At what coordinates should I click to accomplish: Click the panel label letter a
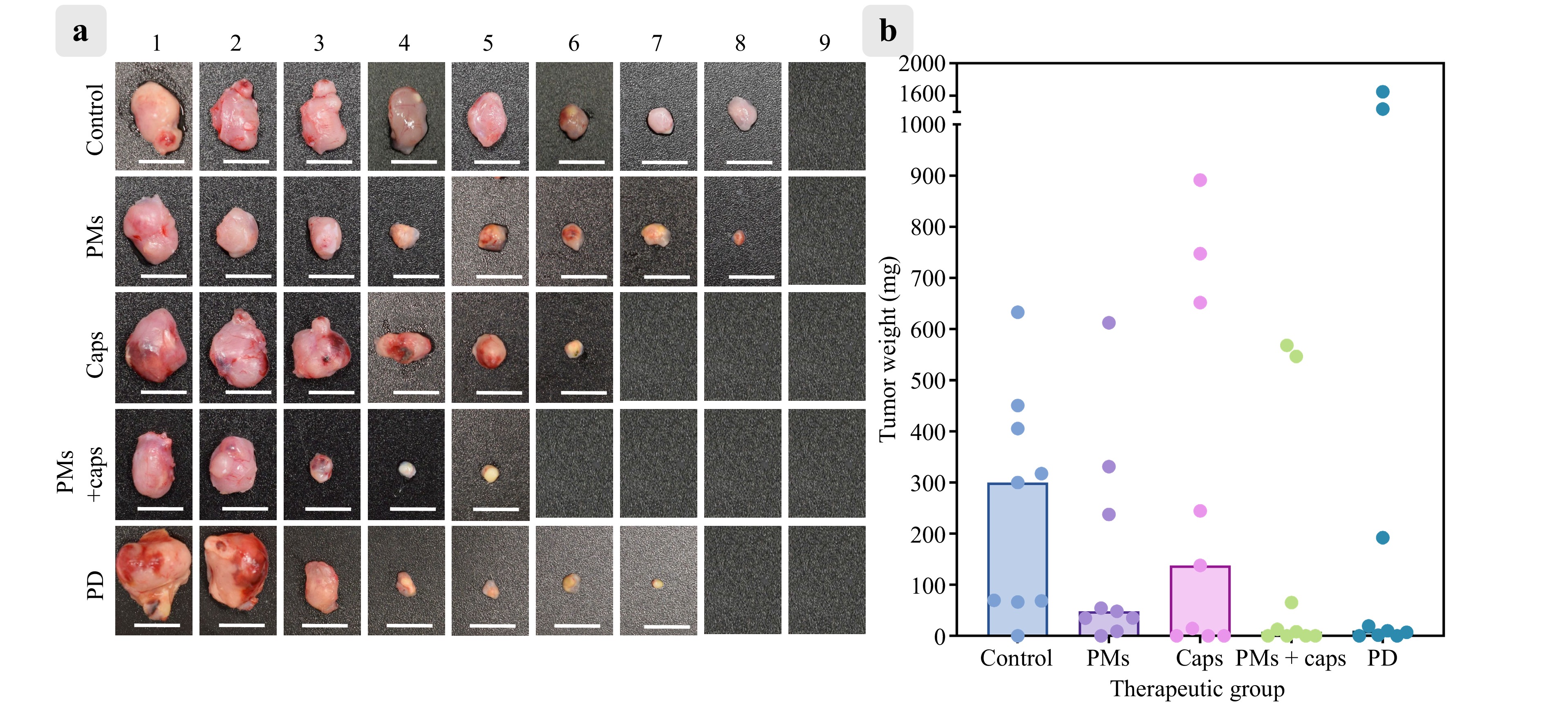click(x=81, y=31)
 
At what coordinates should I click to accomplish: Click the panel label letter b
click(x=888, y=31)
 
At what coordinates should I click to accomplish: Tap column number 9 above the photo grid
click(x=825, y=43)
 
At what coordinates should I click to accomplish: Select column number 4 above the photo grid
click(x=404, y=43)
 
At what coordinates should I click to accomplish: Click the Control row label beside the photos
click(x=95, y=119)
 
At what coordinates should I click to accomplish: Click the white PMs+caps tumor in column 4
click(x=407, y=469)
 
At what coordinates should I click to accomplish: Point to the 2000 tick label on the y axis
click(x=921, y=63)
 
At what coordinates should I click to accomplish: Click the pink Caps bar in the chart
click(x=1200, y=600)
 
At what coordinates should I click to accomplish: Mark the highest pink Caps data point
click(x=1200, y=180)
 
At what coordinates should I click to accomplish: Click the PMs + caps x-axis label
click(x=1290, y=658)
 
